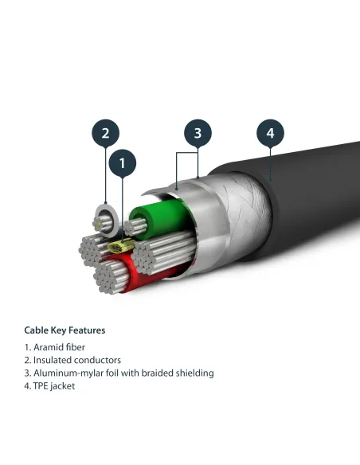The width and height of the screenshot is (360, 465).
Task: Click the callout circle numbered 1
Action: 123,163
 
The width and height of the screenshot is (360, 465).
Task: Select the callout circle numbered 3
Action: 198,132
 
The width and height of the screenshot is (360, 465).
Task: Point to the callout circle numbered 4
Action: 270,132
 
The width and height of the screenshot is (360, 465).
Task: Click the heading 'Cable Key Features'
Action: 65,330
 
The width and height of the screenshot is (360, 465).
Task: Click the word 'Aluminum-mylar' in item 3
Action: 67,373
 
